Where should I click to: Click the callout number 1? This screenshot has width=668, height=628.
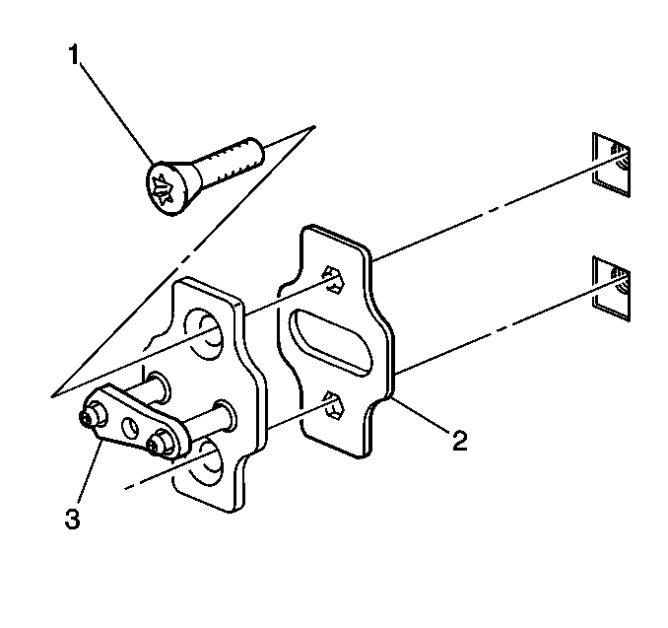pyautogui.click(x=74, y=55)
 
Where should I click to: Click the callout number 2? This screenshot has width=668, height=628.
pyautogui.click(x=459, y=441)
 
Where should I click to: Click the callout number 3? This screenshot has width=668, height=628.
pyautogui.click(x=73, y=520)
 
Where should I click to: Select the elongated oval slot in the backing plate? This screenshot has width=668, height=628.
pyautogui.click(x=331, y=343)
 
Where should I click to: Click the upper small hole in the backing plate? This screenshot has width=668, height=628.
pyautogui.click(x=334, y=279)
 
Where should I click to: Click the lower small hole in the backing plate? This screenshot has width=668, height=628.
pyautogui.click(x=334, y=405)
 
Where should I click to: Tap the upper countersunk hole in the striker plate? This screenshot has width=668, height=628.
pyautogui.click(x=204, y=334)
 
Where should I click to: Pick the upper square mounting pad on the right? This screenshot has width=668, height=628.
pyautogui.click(x=611, y=165)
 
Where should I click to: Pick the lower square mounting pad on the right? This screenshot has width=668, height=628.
pyautogui.click(x=611, y=288)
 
